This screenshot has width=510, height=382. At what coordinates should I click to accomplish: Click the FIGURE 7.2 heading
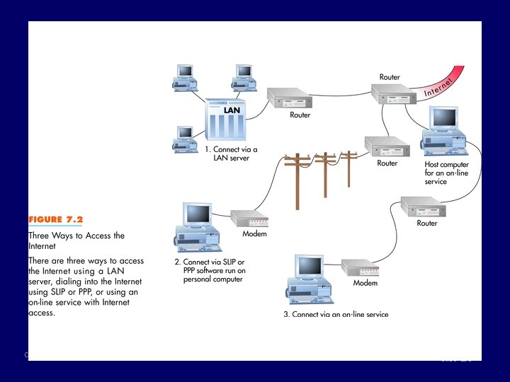[x=55, y=219]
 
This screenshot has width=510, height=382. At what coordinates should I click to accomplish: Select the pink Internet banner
[x=445, y=83]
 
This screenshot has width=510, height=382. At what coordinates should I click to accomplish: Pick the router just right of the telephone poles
[x=387, y=146]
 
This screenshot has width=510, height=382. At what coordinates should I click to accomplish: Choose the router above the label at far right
[x=422, y=207]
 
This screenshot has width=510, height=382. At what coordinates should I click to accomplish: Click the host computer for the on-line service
[x=444, y=131]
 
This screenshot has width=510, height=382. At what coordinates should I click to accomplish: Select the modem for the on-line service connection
[x=361, y=267]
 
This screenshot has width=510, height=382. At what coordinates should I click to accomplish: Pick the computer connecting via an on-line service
[x=309, y=280]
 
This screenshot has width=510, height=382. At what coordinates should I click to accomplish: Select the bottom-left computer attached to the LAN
[x=184, y=139]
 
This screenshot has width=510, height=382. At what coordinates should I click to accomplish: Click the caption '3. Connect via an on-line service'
[x=336, y=315]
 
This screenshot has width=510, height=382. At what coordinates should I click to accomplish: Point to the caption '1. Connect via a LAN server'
[x=232, y=154]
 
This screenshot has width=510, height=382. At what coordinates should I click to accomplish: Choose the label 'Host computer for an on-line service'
[x=446, y=173]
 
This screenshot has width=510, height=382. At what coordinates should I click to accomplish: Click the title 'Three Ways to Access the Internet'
[x=76, y=241]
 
